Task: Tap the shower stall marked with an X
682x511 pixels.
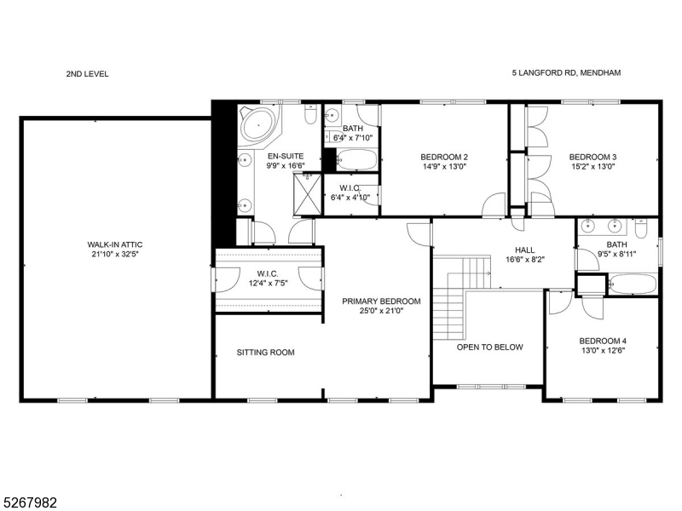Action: pos(309,186)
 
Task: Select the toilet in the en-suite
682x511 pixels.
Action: pos(311,114)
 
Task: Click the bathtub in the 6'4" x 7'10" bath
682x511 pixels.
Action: pos(351,159)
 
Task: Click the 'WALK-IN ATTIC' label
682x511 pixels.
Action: pos(116,247)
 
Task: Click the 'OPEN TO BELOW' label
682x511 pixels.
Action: pos(489,347)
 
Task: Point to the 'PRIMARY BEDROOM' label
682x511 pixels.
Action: pos(381,301)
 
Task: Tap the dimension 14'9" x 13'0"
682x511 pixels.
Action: pos(444,167)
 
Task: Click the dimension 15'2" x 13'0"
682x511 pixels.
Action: pos(592,167)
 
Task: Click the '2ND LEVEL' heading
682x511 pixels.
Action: pos(87,74)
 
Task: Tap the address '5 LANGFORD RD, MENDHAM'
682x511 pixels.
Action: pos(565,74)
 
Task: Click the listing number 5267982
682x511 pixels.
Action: pos(30,502)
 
